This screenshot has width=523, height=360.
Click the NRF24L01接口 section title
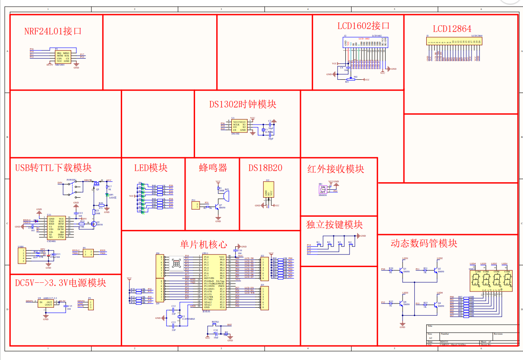coord(52,31)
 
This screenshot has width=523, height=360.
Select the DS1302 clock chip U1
coord(238,126)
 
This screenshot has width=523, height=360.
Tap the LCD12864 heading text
coord(452,29)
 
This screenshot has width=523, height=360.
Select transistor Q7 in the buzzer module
coord(217,206)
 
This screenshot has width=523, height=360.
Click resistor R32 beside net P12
coord(391,304)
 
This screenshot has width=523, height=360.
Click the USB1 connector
coord(21,255)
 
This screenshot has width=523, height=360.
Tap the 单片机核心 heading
coord(204,244)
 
